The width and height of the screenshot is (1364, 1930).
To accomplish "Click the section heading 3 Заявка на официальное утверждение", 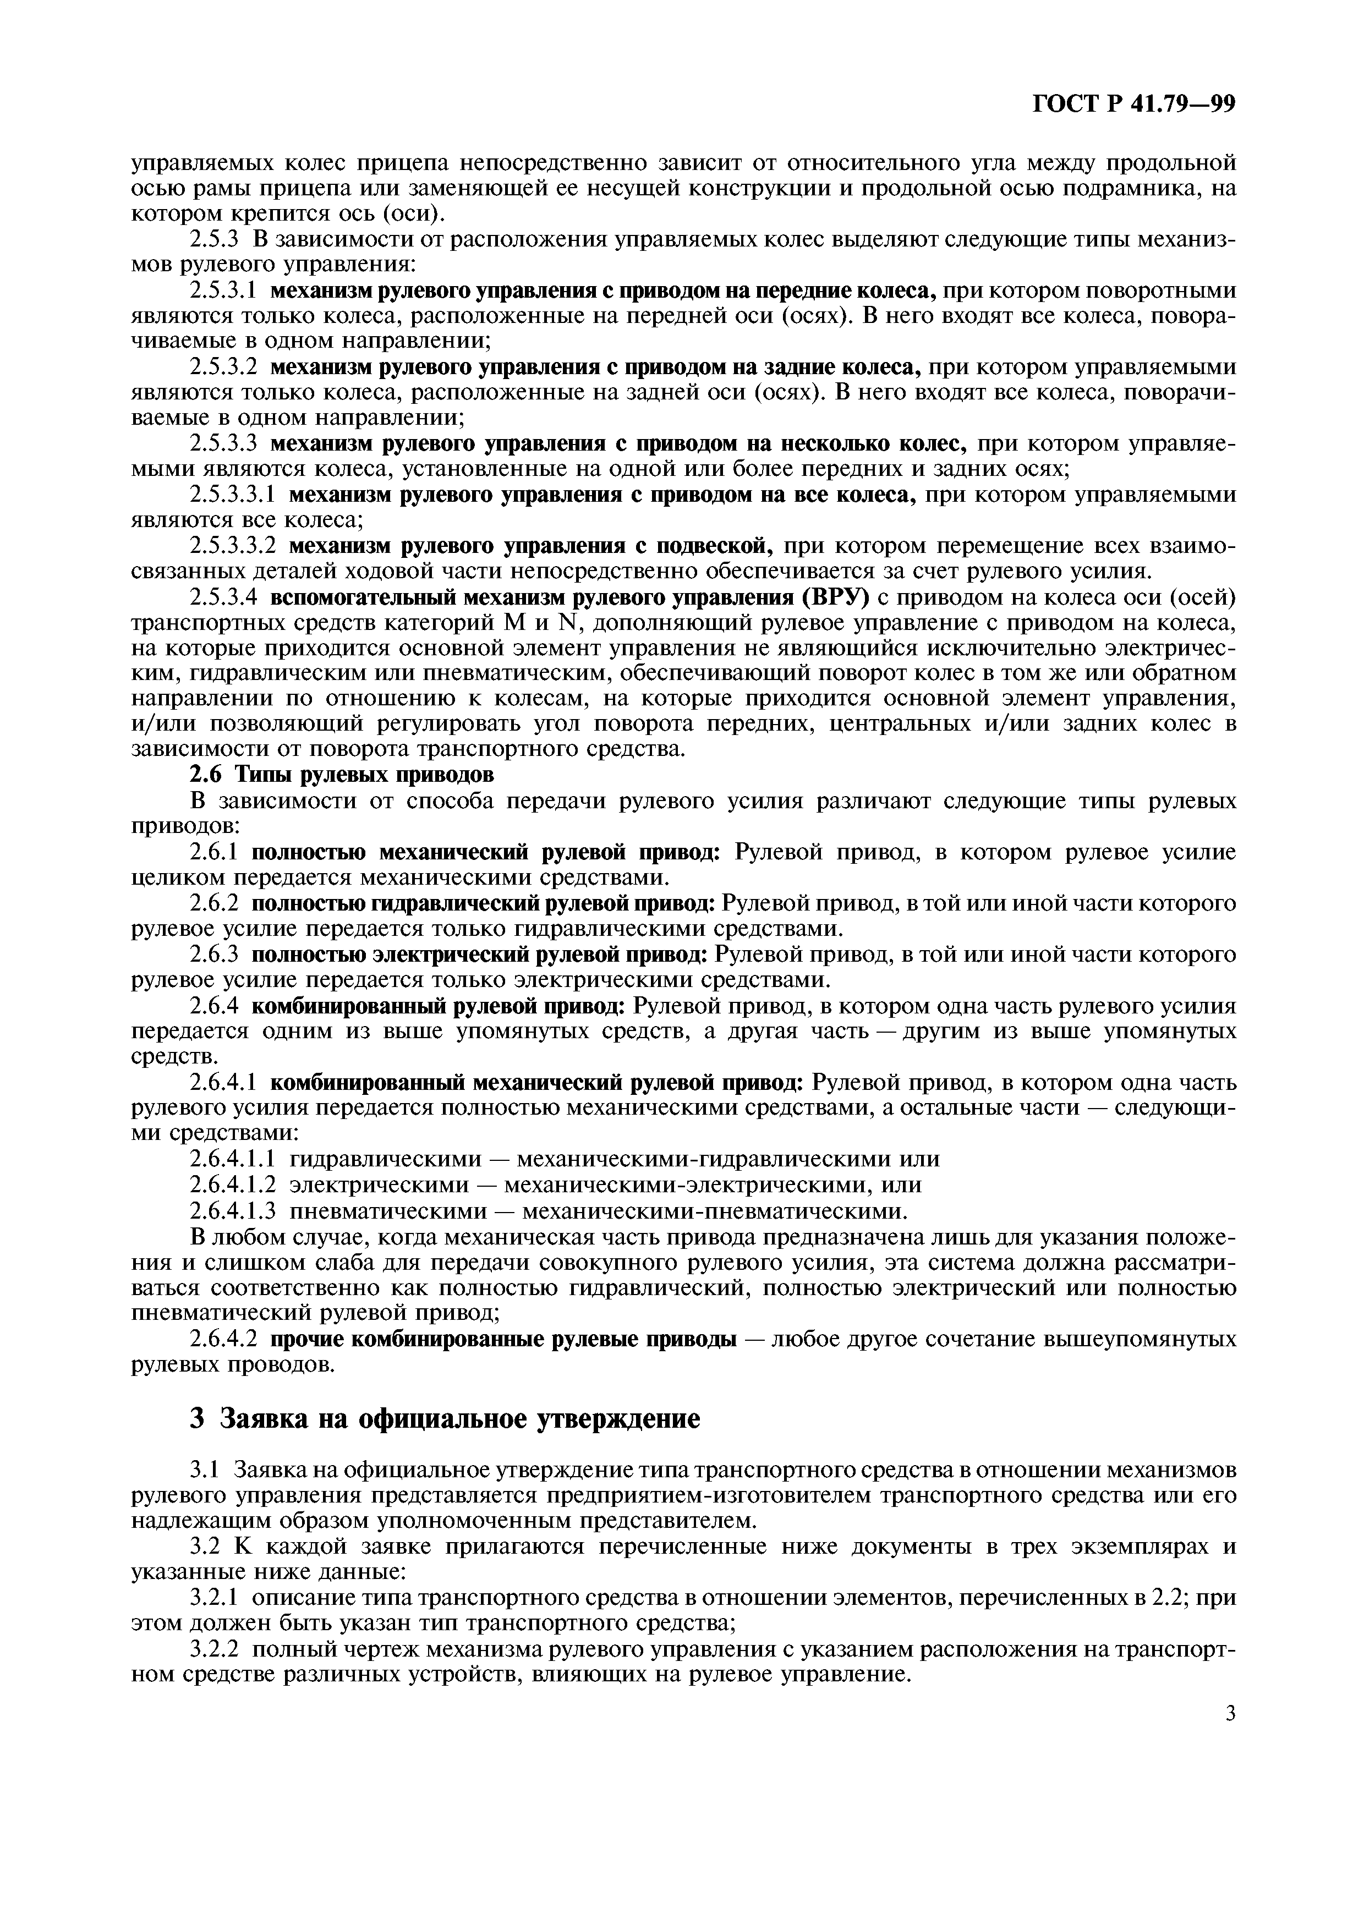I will tap(446, 1419).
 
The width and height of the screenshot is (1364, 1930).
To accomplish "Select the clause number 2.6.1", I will tap(213, 852).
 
